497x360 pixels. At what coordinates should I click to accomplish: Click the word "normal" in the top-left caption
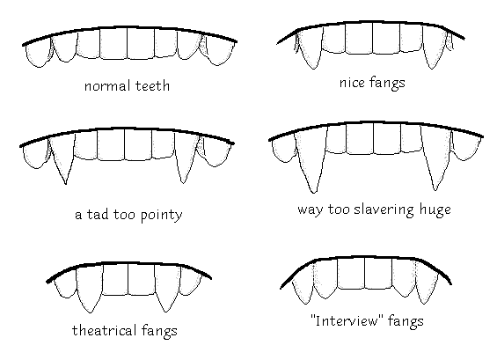click(107, 86)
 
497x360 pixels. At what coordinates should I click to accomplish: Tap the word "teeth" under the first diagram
click(153, 85)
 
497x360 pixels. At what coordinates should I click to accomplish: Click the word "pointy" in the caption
click(161, 216)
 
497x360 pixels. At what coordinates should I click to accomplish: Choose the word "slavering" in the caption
click(384, 210)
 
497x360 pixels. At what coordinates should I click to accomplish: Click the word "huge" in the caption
click(435, 210)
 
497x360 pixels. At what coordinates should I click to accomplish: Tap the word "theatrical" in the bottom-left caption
click(105, 330)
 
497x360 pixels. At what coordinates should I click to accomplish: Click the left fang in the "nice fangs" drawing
click(309, 48)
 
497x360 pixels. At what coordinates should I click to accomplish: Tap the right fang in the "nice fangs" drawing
click(434, 47)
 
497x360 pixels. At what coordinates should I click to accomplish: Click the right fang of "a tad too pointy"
click(185, 157)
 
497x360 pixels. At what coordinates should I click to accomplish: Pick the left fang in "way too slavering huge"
click(311, 158)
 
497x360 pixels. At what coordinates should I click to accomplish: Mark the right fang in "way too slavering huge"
click(435, 156)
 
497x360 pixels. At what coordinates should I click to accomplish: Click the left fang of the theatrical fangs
click(90, 288)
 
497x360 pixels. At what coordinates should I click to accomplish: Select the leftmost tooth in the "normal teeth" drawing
click(38, 54)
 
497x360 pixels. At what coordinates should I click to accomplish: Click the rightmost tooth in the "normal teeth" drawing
click(220, 54)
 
